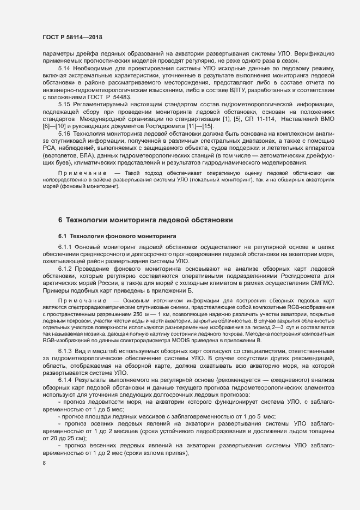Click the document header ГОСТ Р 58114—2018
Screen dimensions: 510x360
click(72, 37)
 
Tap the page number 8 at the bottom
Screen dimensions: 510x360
click(44, 464)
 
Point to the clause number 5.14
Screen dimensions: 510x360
click(64, 76)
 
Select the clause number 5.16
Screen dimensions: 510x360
click(64, 149)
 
